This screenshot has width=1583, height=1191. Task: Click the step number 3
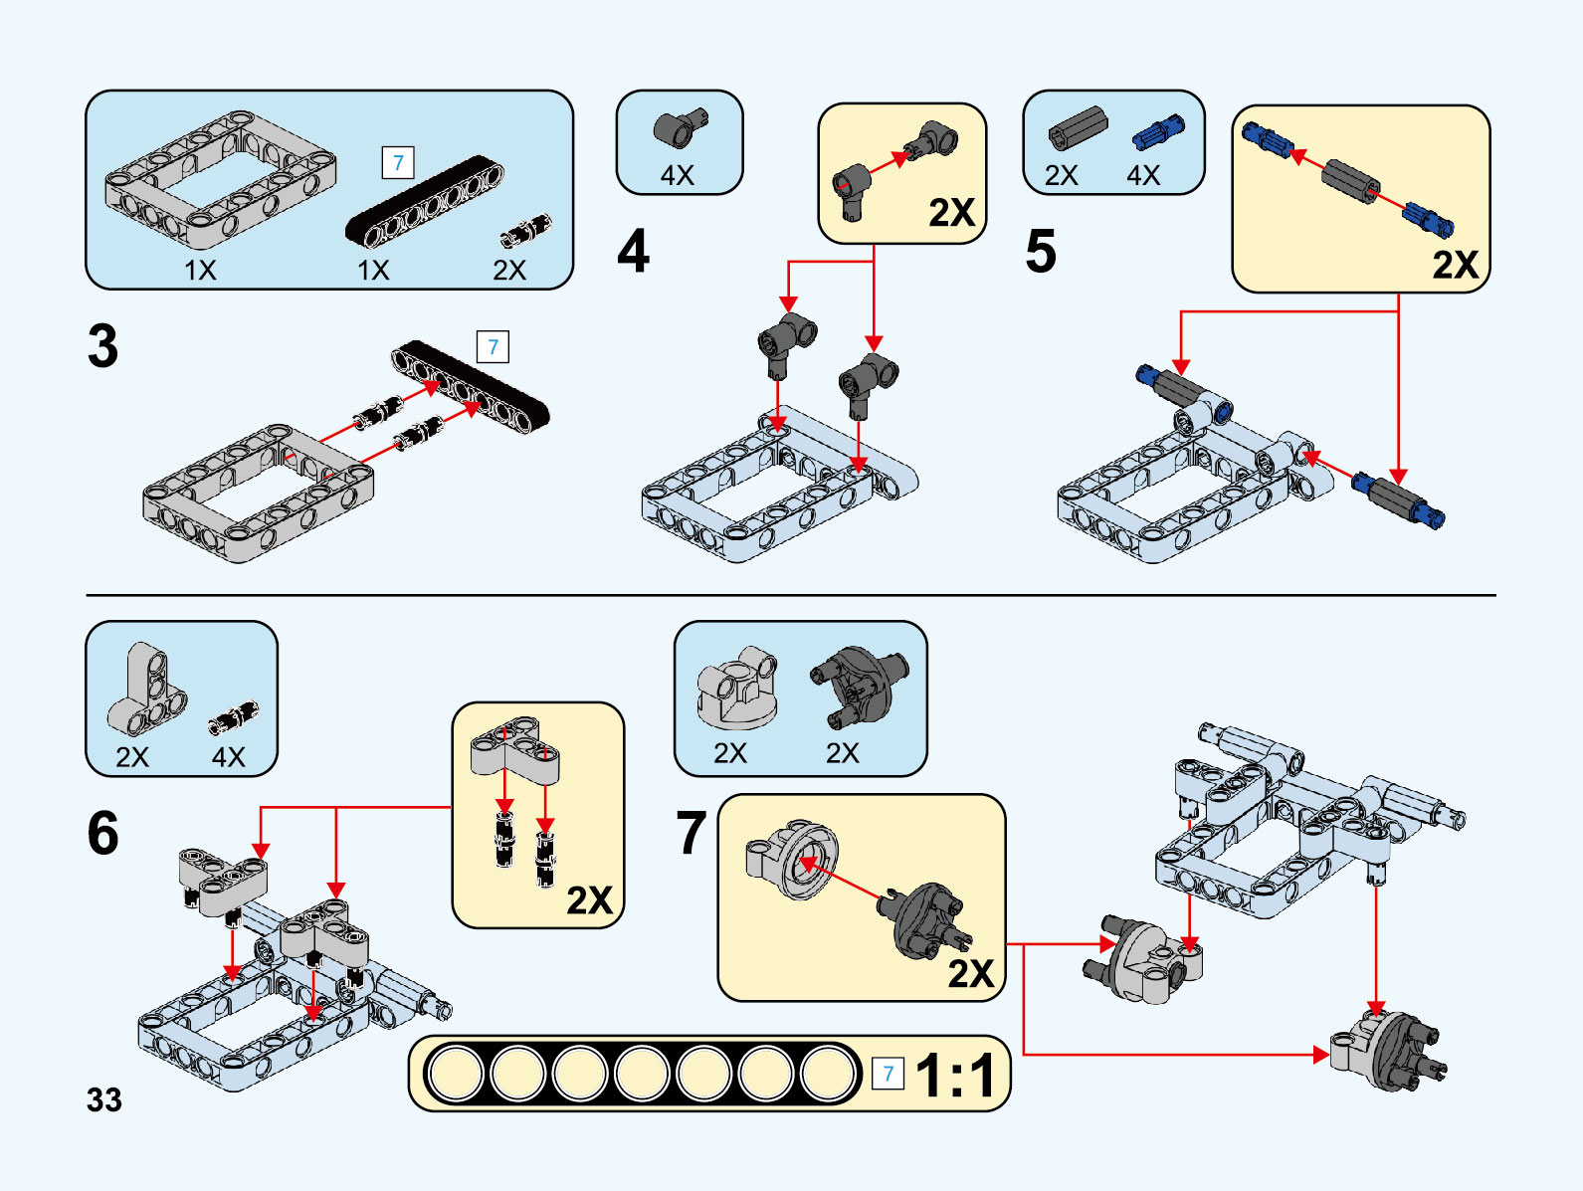pos(102,346)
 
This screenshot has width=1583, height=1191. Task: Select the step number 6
pos(102,833)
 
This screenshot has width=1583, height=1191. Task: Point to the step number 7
pos(691,833)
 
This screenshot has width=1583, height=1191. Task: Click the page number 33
pos(103,1099)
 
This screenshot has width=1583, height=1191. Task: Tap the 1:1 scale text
pos(955,1076)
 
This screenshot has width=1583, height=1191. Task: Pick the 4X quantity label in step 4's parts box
pos(678,175)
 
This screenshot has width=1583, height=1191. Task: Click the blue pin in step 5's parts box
pos(1158,133)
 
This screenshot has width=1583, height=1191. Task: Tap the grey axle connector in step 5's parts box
pos(1078,127)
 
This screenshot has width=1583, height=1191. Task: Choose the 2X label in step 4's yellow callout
pos(951,212)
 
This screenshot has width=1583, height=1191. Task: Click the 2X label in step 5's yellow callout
pos(1455,265)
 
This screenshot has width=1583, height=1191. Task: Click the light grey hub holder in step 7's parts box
pos(737,687)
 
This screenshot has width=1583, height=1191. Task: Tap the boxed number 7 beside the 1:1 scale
pos(888,1074)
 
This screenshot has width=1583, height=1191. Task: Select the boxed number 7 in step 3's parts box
pos(398,162)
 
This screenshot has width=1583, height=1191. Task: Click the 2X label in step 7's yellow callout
pos(970,973)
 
